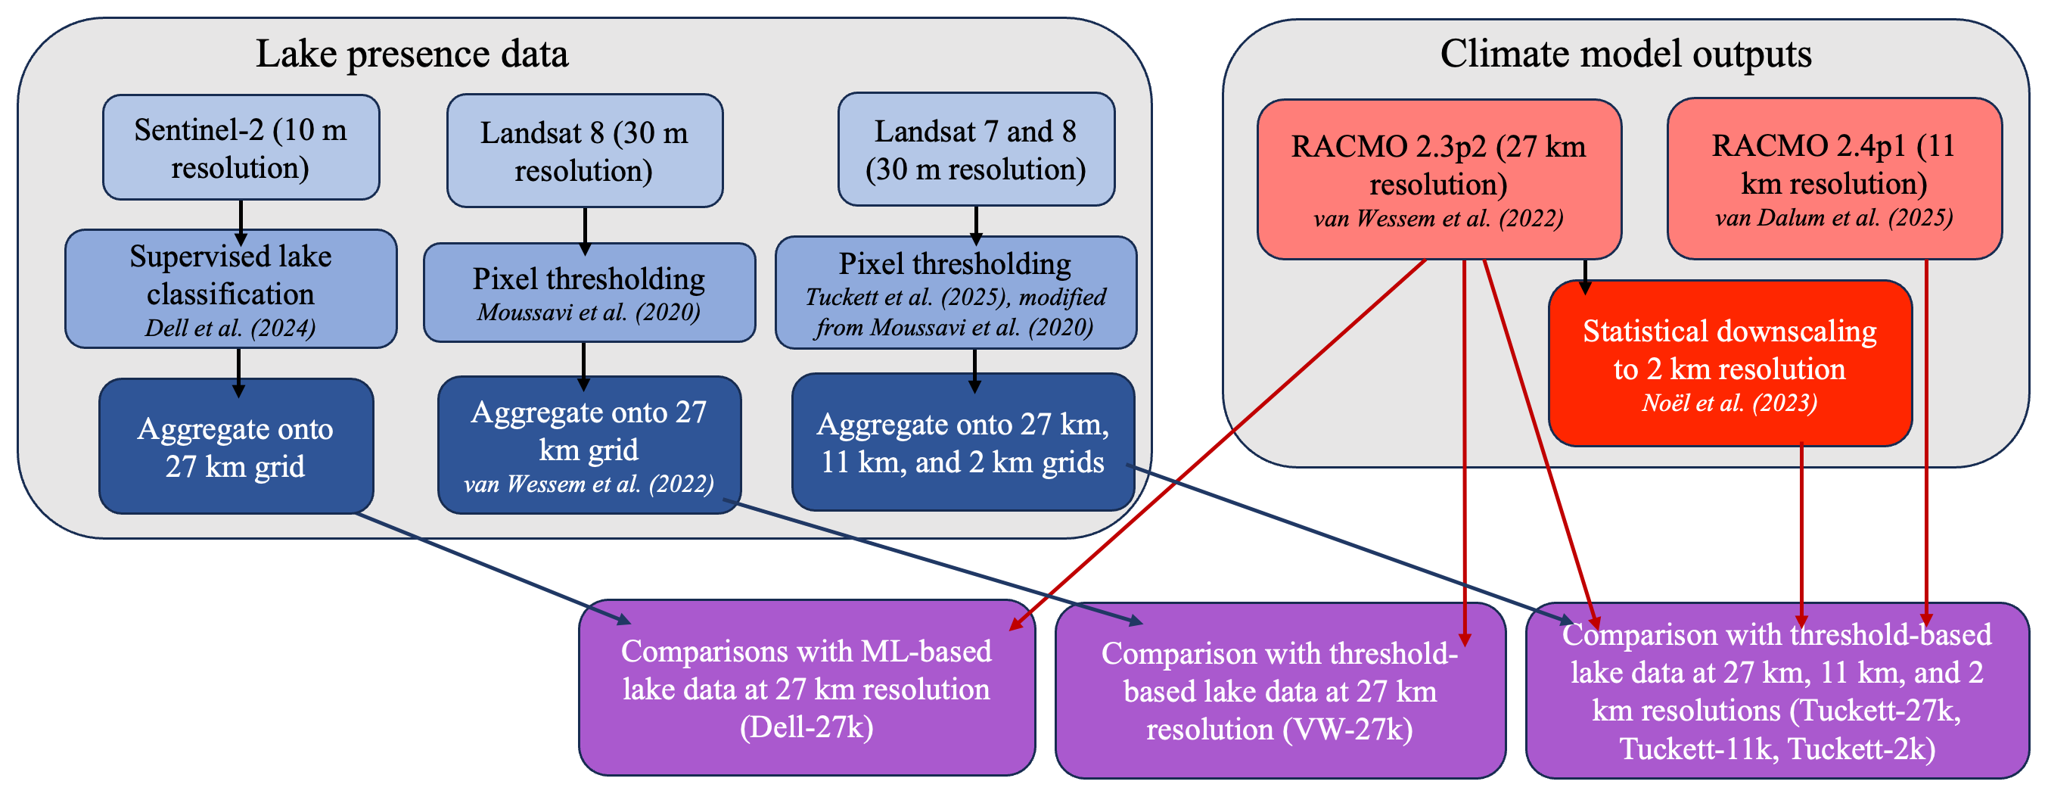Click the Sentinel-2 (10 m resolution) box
241,147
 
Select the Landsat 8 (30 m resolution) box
585,151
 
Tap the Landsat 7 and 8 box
976,149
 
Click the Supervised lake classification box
231,288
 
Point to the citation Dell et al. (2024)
231,328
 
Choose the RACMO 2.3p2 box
1439,179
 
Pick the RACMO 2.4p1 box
1834,178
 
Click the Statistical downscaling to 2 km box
1730,363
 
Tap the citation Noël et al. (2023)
1730,403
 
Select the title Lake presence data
412,54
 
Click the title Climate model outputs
1626,54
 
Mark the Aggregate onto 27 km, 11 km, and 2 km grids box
963,442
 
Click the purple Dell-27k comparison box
807,688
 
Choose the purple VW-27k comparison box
1280,690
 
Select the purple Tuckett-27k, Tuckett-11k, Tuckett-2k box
1777,690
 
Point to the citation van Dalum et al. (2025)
1834,217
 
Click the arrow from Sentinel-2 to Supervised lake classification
241,222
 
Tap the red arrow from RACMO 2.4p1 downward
1926,442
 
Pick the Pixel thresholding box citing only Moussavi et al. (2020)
589,293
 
